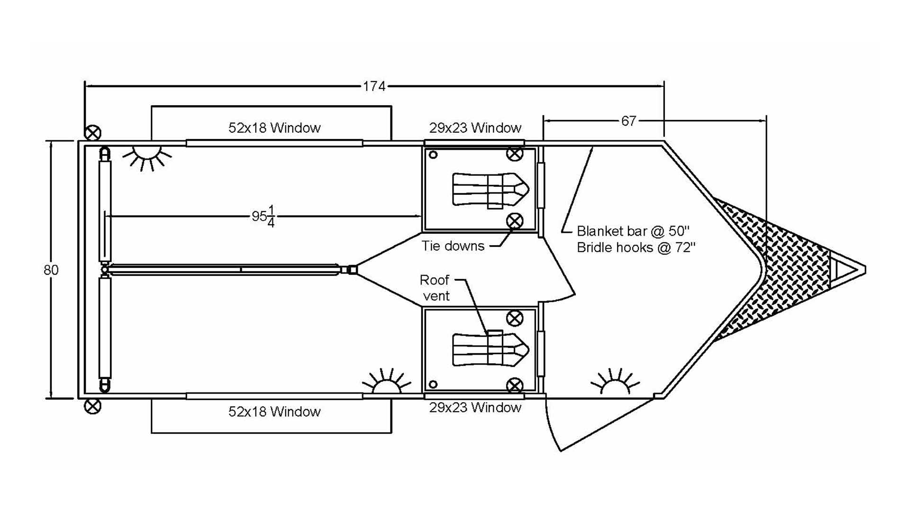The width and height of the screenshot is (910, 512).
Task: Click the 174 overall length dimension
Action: click(374, 86)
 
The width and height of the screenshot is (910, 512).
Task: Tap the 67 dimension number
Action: click(628, 121)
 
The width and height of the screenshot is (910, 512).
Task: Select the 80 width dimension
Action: click(51, 270)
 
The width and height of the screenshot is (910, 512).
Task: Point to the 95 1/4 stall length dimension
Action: click(264, 216)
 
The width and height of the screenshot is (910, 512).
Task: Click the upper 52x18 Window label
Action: click(274, 128)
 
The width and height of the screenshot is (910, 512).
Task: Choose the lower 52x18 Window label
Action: click(274, 411)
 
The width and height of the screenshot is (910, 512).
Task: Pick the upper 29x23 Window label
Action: click(475, 128)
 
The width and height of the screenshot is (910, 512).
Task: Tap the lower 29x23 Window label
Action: click(475, 407)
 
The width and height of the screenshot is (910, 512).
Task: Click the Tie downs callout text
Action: click(453, 246)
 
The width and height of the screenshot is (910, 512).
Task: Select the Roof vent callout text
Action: click(435, 288)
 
